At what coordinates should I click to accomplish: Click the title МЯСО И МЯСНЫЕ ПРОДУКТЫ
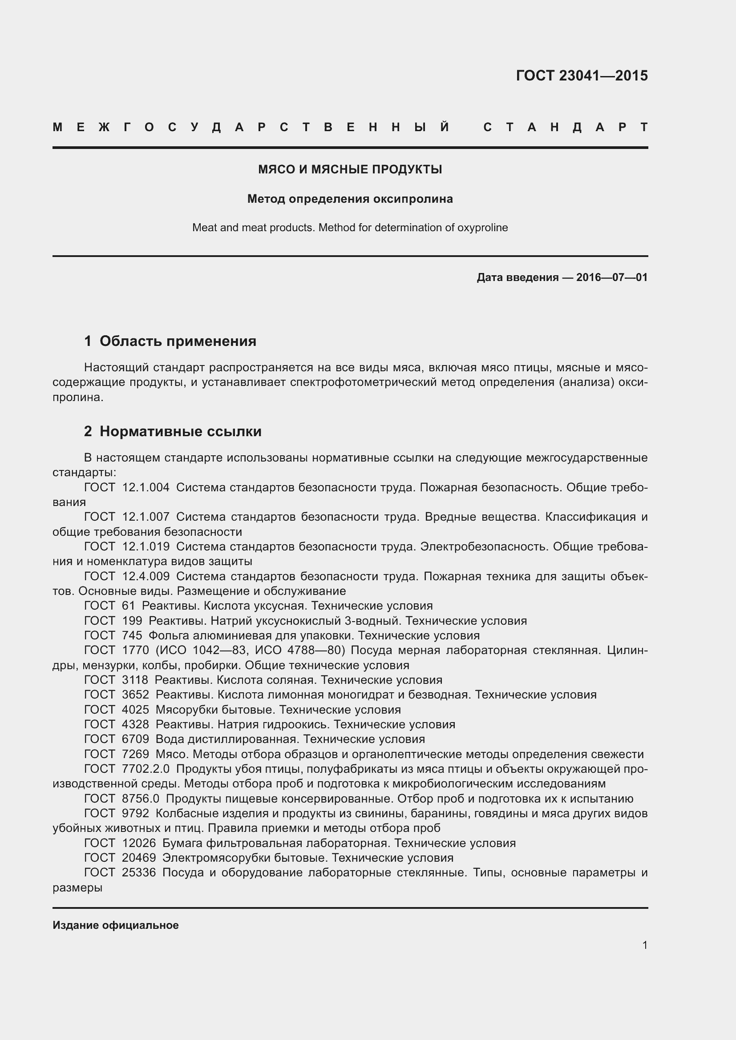pos(350,169)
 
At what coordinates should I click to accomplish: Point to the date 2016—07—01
pos(611,277)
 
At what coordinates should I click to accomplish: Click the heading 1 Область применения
pos(170,341)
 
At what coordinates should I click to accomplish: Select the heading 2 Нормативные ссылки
pos(173,431)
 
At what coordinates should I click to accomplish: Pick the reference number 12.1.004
pos(146,487)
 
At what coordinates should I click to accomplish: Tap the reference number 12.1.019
pos(146,547)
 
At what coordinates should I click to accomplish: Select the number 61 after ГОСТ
pos(129,606)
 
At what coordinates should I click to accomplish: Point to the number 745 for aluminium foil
pos(132,635)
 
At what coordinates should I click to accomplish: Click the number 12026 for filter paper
pos(139,843)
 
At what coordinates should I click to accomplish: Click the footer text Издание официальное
pos(116,925)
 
